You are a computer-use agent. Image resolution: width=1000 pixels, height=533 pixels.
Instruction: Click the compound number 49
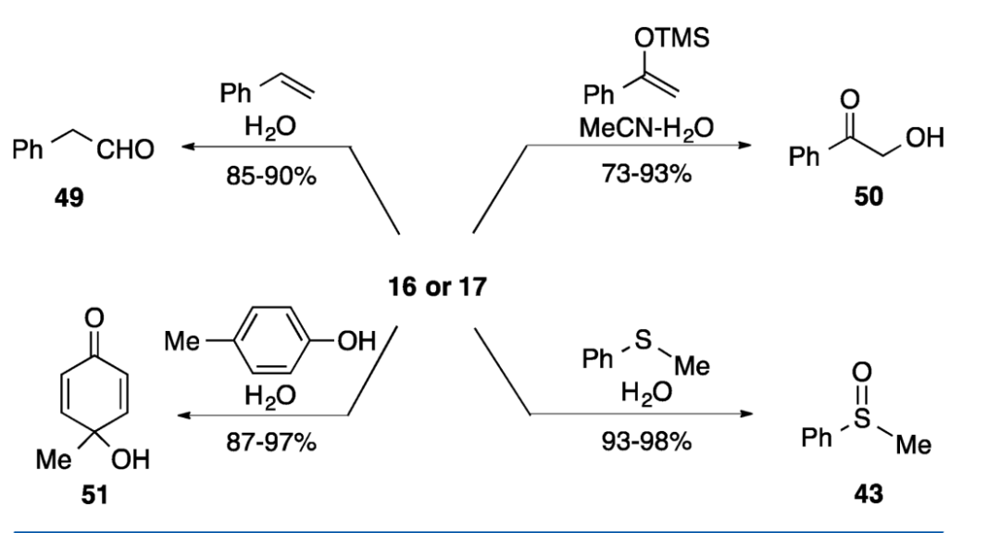69,197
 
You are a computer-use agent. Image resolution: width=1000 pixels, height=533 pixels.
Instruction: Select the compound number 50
868,197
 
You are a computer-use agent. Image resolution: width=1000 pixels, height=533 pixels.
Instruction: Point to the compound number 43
869,493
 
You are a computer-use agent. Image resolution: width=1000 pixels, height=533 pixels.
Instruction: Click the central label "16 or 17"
436,286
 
